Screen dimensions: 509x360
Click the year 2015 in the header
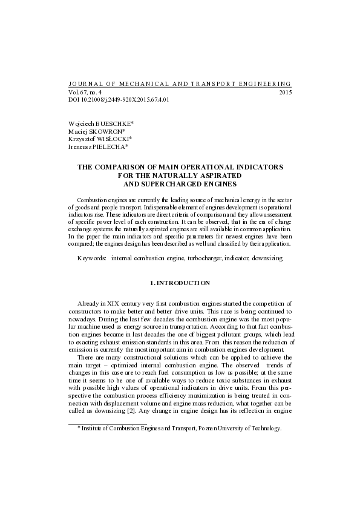click(285, 93)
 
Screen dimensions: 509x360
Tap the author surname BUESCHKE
click(114, 123)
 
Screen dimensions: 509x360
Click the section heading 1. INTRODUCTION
click(180, 283)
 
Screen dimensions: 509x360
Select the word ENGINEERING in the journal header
click(263, 84)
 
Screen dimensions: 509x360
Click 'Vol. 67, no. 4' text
click(85, 93)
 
